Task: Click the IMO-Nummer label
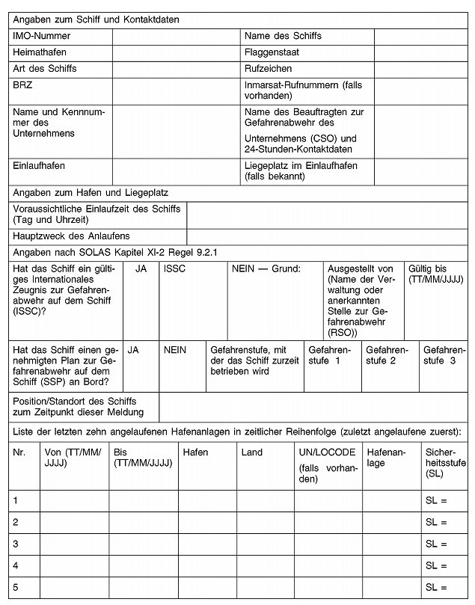[x=42, y=36]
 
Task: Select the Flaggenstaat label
[x=273, y=52]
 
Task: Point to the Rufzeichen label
[x=268, y=69]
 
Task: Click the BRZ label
[x=22, y=85]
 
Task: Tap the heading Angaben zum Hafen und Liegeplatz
[x=91, y=193]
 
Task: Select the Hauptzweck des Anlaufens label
[x=72, y=236]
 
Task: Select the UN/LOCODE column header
[x=326, y=464]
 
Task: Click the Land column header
[x=265, y=464]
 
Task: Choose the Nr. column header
[x=25, y=464]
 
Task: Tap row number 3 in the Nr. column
[x=25, y=544]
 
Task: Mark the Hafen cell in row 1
[x=206, y=500]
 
